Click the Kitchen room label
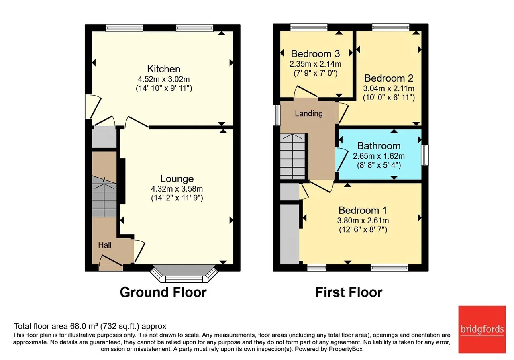[x=163, y=69]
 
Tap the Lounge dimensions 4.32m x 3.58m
[x=177, y=189]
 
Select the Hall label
[x=105, y=245]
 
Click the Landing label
[x=309, y=113]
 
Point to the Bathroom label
[x=379, y=146]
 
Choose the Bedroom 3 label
[x=315, y=54]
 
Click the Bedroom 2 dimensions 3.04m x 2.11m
[x=389, y=88]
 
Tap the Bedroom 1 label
[x=363, y=210]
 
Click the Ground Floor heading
[x=163, y=292]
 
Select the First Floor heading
[x=349, y=292]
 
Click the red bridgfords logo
[x=482, y=329]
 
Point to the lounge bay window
[x=184, y=274]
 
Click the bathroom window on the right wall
[x=425, y=155]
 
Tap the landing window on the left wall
[x=277, y=115]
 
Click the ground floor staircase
[x=104, y=196]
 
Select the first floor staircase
[x=293, y=156]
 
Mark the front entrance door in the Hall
[x=111, y=262]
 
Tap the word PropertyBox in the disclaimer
[x=346, y=349]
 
